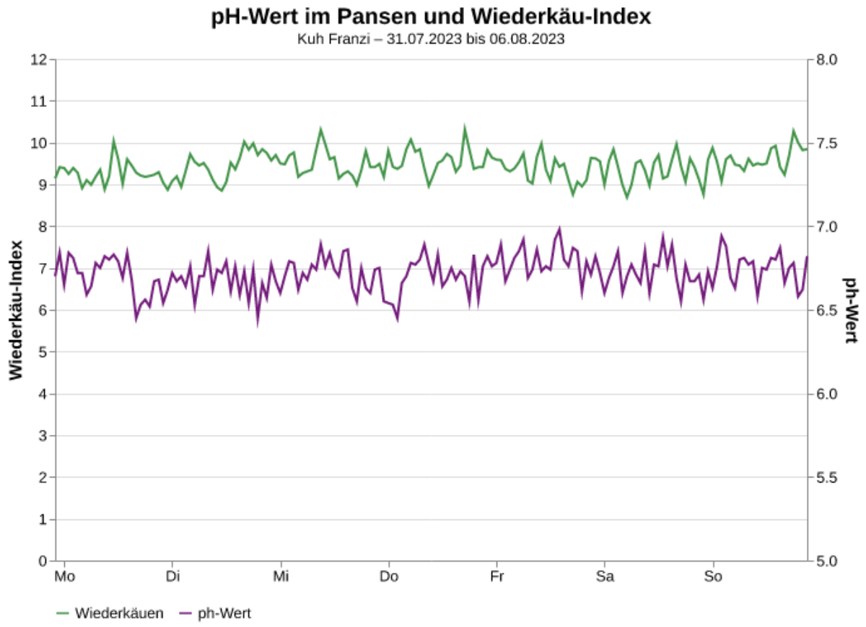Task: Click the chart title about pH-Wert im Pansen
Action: (431, 17)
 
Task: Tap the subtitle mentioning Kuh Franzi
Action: (431, 39)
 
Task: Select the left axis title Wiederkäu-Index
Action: (16, 310)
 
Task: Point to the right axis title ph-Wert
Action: (851, 310)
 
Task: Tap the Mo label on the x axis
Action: (65, 576)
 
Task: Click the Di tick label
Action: (172, 576)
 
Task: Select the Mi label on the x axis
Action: (281, 576)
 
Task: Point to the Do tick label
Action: (389, 576)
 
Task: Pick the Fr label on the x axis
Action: (497, 576)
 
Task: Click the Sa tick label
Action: (605, 576)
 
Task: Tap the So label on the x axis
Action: (713, 576)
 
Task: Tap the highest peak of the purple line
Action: (559, 228)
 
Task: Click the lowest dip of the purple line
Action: (257, 324)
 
